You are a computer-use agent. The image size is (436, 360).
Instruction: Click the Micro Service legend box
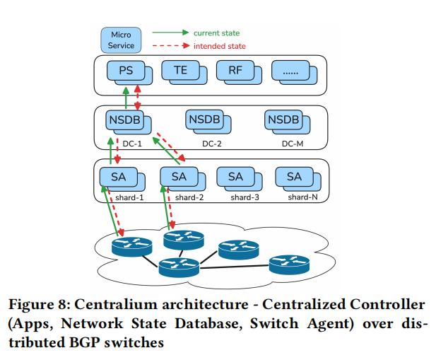click(121, 39)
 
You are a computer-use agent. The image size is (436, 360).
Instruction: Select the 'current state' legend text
click(216, 33)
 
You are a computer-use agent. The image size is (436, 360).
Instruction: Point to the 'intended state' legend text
click(219, 46)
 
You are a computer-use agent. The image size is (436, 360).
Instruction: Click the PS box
click(125, 71)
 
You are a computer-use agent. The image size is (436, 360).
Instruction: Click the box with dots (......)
click(290, 71)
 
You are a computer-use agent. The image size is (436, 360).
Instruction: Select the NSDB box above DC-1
click(125, 120)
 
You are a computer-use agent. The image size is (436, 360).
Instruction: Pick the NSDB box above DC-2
click(204, 120)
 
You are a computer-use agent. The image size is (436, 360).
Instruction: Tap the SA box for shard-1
click(117, 176)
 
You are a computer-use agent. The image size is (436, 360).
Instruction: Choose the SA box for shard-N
click(293, 176)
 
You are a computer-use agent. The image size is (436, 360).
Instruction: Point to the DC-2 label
click(212, 144)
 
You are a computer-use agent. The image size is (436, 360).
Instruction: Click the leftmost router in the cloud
click(131, 247)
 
